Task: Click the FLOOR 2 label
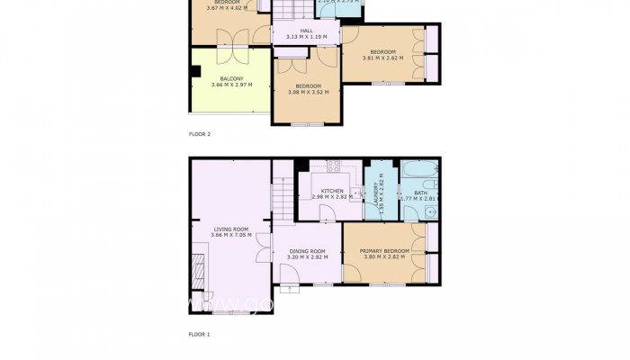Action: pyautogui.click(x=199, y=134)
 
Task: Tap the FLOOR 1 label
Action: pyautogui.click(x=199, y=334)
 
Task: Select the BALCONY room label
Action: pyautogui.click(x=231, y=79)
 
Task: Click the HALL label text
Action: pyautogui.click(x=306, y=31)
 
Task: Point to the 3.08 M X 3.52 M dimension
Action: pyautogui.click(x=308, y=91)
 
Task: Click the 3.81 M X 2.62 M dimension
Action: pyautogui.click(x=382, y=58)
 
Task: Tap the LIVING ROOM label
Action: pyautogui.click(x=230, y=229)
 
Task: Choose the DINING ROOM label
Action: pyautogui.click(x=307, y=251)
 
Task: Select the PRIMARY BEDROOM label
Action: pyautogui.click(x=384, y=251)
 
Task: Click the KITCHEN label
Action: pyautogui.click(x=332, y=191)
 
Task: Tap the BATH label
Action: pyautogui.click(x=420, y=192)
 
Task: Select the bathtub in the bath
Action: pyautogui.click(x=420, y=168)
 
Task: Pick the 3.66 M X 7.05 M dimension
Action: pyautogui.click(x=230, y=235)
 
